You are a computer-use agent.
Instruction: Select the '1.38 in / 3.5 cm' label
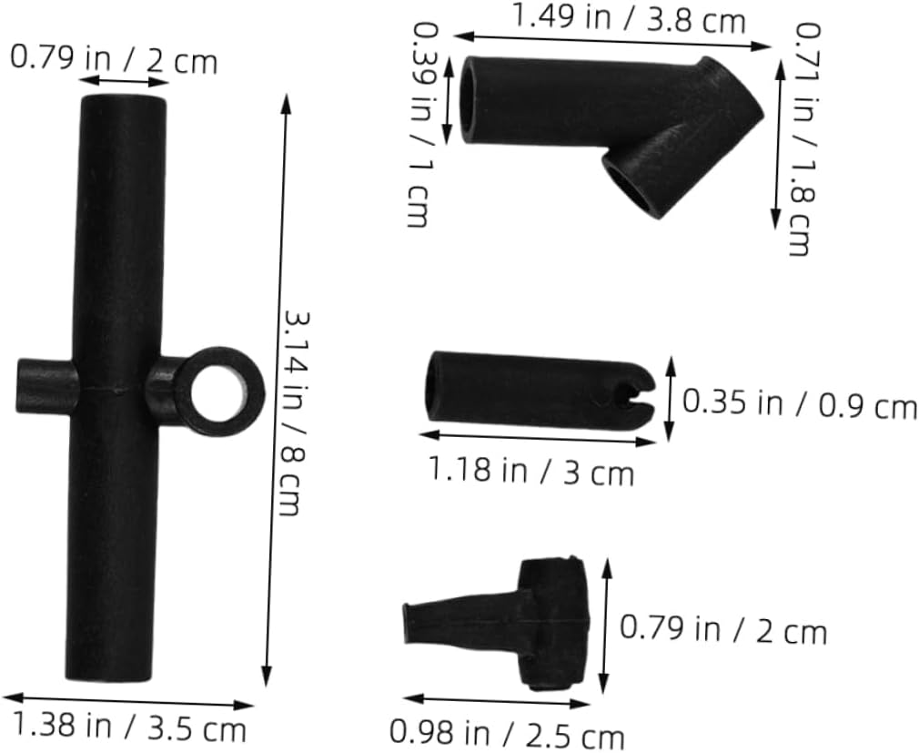128,728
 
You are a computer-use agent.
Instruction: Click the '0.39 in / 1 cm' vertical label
419,125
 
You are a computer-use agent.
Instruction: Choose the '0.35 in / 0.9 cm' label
799,403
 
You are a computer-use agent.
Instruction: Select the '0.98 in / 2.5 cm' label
508,732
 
